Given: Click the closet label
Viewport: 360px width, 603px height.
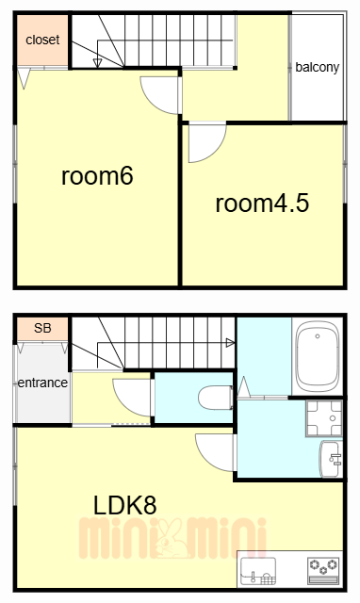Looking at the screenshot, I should [41, 40].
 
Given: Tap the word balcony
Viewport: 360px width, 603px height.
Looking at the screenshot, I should [317, 67].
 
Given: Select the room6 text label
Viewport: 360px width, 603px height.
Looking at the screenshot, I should [97, 176].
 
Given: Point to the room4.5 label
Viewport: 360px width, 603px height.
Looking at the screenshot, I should [262, 203].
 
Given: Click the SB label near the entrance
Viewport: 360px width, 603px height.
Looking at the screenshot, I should [41, 329].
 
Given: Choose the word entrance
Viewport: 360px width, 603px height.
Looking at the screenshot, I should [41, 383].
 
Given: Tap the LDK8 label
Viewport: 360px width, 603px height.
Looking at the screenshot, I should [124, 504].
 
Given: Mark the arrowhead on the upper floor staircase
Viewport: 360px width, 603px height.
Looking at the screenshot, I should [98, 63].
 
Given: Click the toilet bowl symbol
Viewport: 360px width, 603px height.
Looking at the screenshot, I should [216, 399].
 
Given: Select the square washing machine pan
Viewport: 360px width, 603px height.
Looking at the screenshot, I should [325, 417].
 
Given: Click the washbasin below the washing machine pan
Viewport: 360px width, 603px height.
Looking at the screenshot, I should [333, 459].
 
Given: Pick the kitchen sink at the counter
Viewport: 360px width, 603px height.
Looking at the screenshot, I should [258, 569].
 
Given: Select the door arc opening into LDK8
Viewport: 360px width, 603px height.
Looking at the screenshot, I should [214, 452].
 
